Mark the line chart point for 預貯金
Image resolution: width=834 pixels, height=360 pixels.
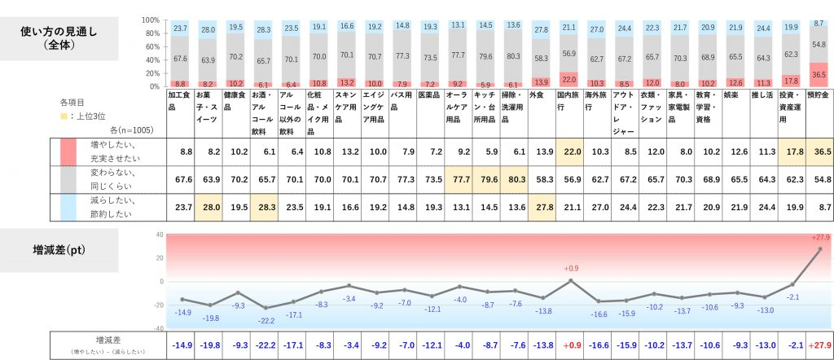[819, 249]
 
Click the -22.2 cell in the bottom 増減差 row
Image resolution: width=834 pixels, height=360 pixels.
[265, 345]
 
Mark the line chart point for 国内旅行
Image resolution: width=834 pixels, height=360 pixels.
[569, 280]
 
